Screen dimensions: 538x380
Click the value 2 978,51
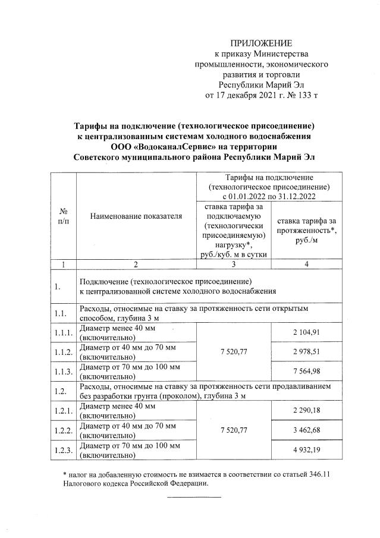(x=306, y=352)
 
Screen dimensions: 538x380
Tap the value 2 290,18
(x=306, y=411)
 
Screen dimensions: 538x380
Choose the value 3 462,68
(x=306, y=430)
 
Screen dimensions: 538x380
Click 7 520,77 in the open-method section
(x=233, y=352)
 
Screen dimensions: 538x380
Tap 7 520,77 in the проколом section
(x=233, y=430)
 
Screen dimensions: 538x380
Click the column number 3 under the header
(x=233, y=265)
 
